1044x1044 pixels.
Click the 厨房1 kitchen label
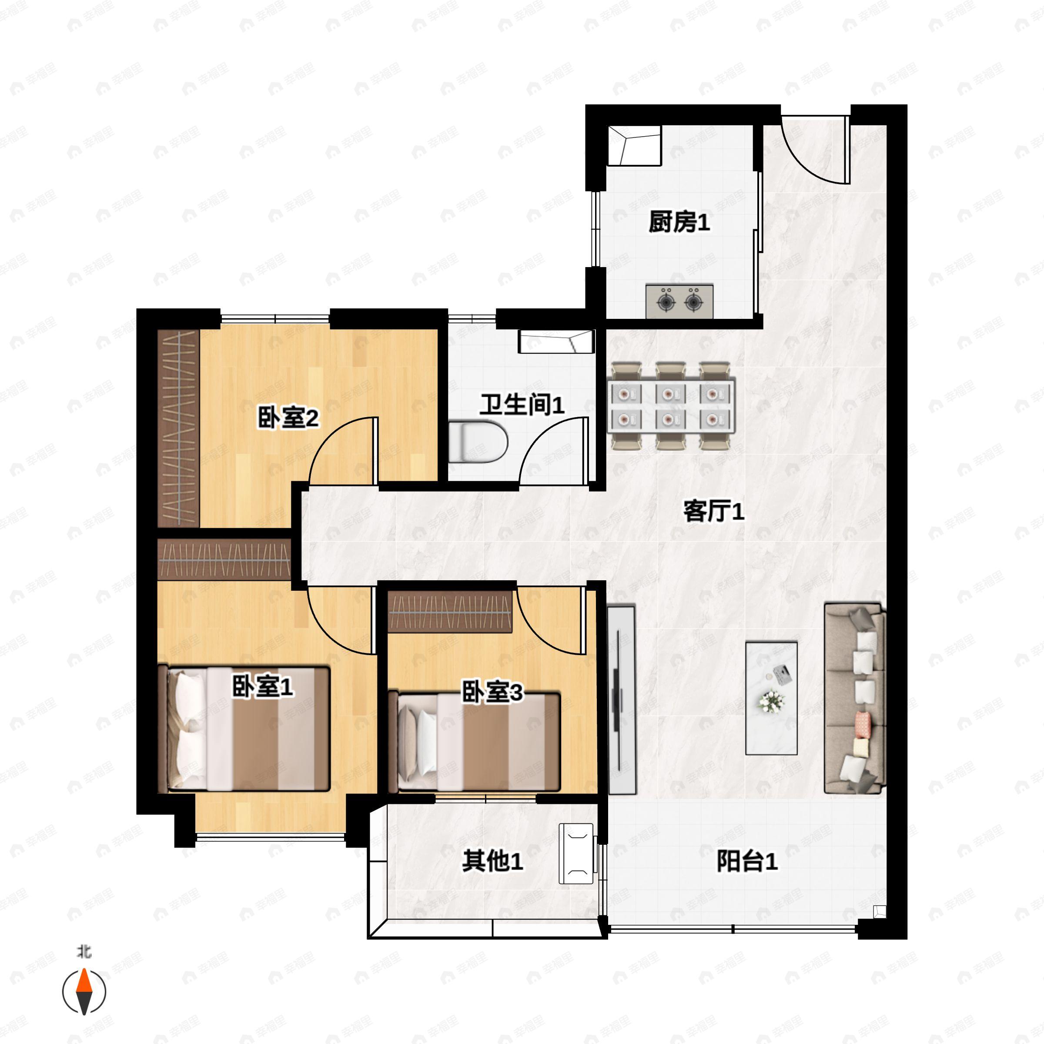pos(679,222)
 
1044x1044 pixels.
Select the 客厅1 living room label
pos(713,511)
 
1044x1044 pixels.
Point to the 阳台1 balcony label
pos(747,861)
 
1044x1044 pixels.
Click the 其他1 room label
pos(492,861)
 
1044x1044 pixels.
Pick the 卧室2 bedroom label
pos(288,418)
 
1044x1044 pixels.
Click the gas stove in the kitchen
pos(679,301)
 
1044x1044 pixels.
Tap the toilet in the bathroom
pos(478,442)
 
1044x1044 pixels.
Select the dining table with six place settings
pos(671,406)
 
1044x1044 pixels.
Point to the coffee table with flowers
pos(771,698)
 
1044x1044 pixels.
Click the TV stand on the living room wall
pos(622,700)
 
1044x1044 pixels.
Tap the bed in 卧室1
pos(244,729)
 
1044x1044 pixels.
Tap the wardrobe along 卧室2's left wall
pos(178,428)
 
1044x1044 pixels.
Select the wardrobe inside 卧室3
pos(450,612)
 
